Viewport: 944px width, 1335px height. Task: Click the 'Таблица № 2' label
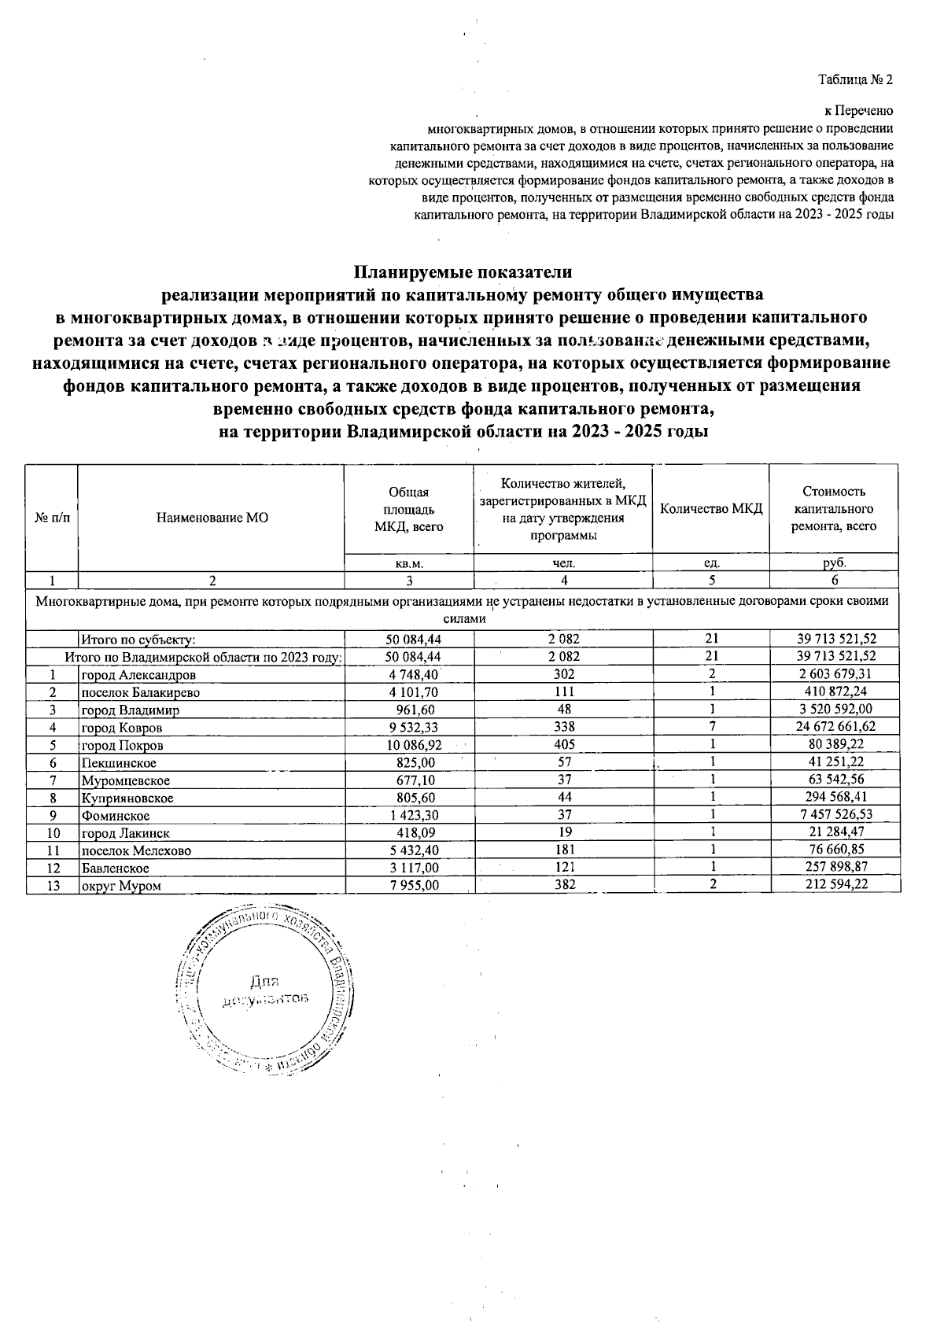pyautogui.click(x=855, y=79)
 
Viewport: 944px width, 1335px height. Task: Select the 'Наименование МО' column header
pyautogui.click(x=212, y=518)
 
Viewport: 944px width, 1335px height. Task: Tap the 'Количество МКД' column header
pyautogui.click(x=711, y=508)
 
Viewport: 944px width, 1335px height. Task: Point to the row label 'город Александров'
pyautogui.click(x=138, y=674)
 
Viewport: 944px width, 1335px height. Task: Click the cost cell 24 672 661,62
pyautogui.click(x=835, y=727)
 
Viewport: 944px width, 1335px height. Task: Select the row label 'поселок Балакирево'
pyautogui.click(x=140, y=692)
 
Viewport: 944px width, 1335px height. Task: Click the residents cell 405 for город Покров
pyautogui.click(x=563, y=744)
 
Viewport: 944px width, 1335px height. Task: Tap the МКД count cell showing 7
pyautogui.click(x=711, y=727)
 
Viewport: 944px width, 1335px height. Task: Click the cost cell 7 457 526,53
pyautogui.click(x=835, y=814)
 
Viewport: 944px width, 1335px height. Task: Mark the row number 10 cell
pyautogui.click(x=53, y=832)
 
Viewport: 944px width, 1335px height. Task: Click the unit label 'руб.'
pyautogui.click(x=835, y=563)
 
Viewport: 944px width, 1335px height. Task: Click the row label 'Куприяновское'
pyautogui.click(x=127, y=798)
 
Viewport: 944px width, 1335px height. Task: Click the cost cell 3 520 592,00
pyautogui.click(x=835, y=710)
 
